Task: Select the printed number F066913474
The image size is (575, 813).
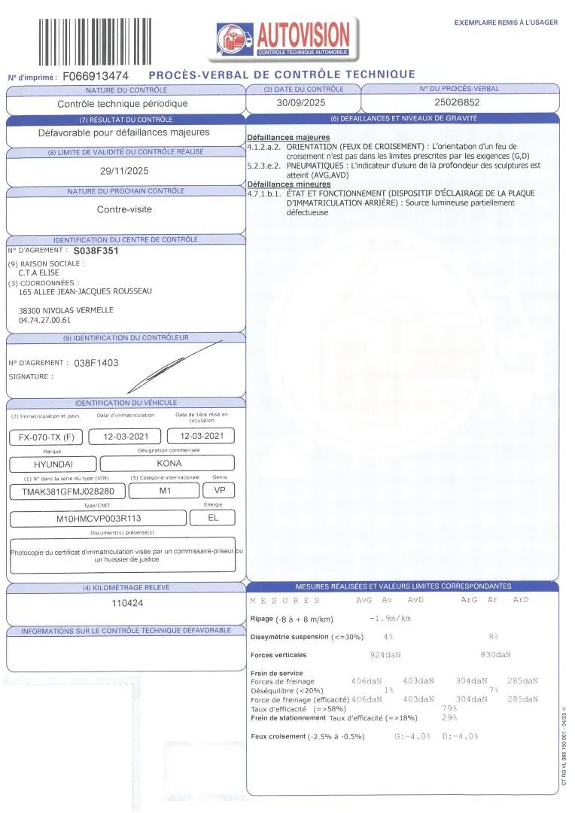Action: pos(96,77)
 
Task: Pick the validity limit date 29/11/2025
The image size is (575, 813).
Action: pos(125,171)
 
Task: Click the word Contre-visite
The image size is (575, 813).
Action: pos(125,210)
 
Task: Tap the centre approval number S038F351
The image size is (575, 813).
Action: pos(96,251)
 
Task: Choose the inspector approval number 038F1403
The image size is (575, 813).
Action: pos(96,363)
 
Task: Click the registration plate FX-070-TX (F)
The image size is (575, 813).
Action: pos(47,437)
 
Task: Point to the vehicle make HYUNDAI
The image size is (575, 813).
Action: pos(53,464)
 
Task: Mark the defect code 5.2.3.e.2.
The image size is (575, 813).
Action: pos(263,165)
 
